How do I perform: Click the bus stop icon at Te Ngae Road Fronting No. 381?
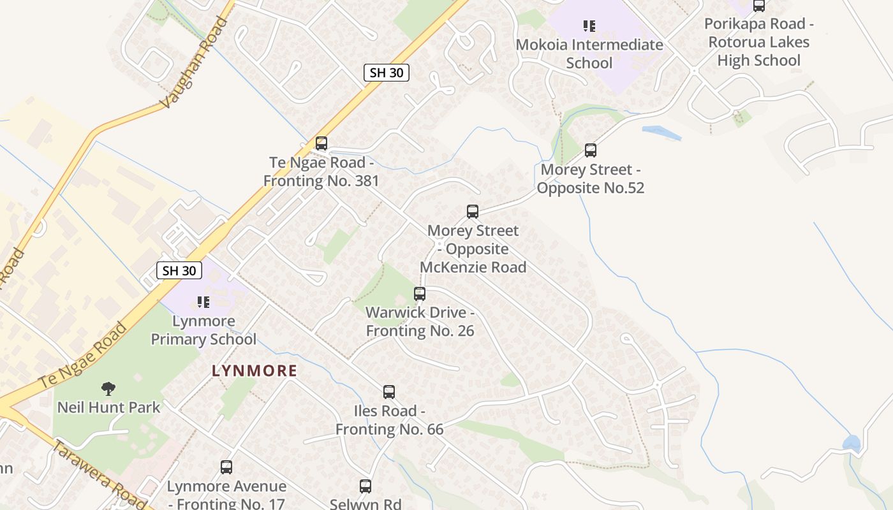(321, 143)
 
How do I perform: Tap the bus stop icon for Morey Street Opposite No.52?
(591, 150)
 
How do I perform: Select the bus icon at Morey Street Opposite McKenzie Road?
(473, 212)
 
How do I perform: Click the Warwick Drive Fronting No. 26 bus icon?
(420, 294)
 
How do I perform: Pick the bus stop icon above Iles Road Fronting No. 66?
(389, 392)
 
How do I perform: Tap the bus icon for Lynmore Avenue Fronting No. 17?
(226, 467)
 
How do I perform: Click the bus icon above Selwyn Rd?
(365, 486)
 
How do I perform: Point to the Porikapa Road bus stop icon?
(759, 6)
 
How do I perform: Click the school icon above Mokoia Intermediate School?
(589, 26)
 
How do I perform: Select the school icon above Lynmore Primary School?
(203, 302)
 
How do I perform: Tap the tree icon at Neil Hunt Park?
(108, 388)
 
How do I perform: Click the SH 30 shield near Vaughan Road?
(387, 73)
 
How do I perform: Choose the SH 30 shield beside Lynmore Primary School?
(179, 270)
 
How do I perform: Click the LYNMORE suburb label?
(255, 371)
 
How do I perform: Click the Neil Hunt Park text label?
(108, 407)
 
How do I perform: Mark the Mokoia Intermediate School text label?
(589, 54)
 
